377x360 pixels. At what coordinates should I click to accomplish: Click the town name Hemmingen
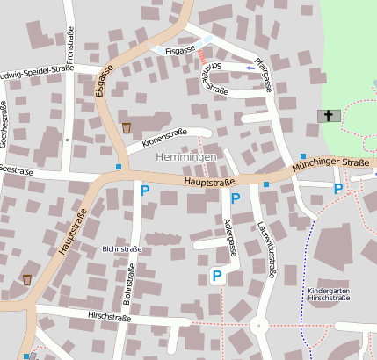point(185,156)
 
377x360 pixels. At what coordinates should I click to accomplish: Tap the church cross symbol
point(329,116)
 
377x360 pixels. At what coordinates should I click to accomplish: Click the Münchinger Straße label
point(330,163)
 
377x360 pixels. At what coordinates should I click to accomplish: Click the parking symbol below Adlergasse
point(216,277)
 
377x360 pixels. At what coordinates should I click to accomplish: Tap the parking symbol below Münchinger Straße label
point(337,189)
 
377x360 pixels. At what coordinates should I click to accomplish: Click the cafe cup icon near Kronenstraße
point(127,127)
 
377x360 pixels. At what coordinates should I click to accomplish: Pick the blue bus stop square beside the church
point(303,156)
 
